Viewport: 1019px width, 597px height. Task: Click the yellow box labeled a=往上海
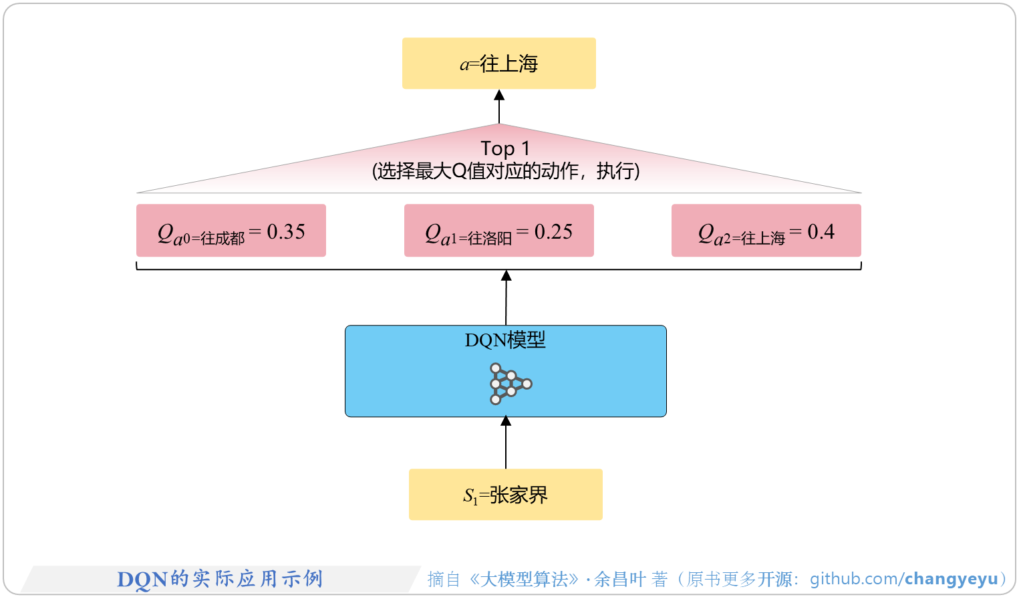coord(498,64)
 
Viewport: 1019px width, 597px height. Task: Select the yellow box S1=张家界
coord(505,495)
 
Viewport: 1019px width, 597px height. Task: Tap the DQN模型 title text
coord(505,340)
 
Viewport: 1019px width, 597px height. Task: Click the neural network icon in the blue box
coord(509,384)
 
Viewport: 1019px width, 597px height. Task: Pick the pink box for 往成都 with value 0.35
coord(231,231)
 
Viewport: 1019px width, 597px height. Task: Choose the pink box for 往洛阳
coord(498,231)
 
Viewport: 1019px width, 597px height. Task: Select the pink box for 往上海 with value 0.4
coord(766,231)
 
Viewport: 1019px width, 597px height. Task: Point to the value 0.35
coord(286,232)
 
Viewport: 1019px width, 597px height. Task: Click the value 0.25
coord(553,232)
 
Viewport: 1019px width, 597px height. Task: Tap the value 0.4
coord(821,232)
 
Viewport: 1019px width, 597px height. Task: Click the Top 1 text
coord(504,148)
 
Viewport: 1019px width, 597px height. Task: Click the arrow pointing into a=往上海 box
coord(499,106)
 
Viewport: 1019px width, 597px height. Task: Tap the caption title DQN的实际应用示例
coord(220,579)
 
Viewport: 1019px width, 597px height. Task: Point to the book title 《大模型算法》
coord(524,579)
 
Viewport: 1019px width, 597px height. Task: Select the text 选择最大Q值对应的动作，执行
coord(505,171)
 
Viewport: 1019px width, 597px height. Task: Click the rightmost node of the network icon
coord(527,384)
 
